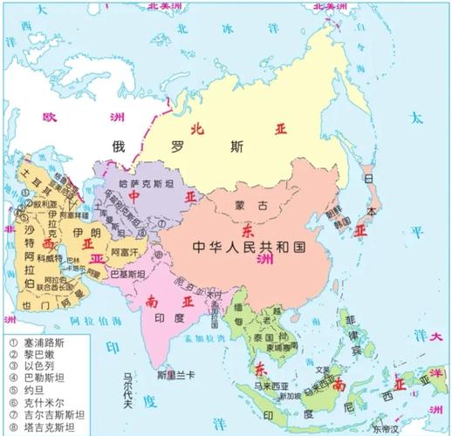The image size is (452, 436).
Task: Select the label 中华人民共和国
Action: pos(248,248)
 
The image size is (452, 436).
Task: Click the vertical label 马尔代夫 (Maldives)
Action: pos(128,396)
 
